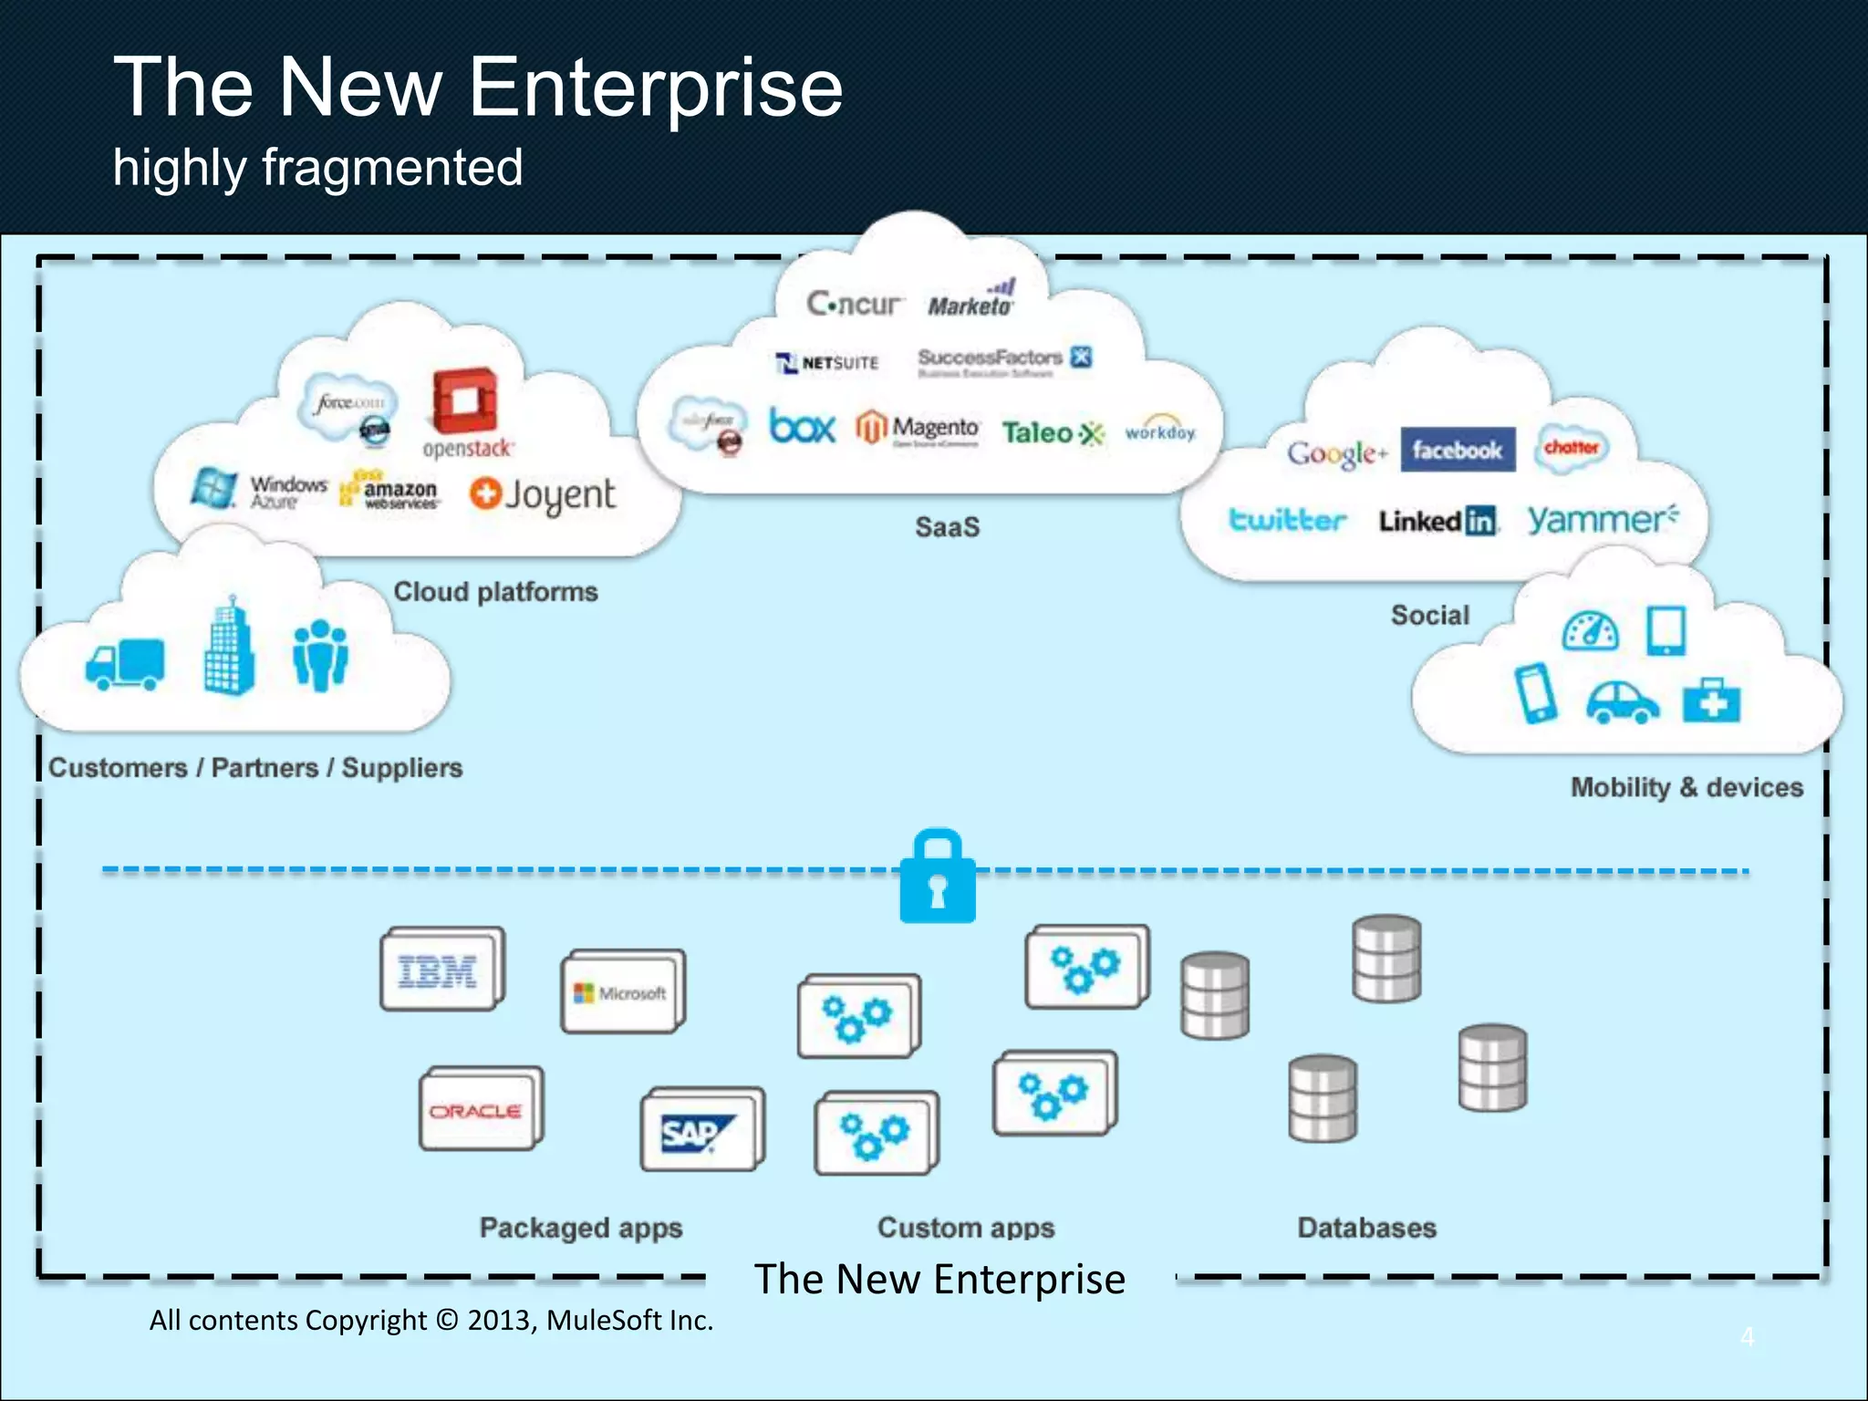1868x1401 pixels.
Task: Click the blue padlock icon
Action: (x=938, y=878)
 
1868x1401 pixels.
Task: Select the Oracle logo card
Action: (x=478, y=1110)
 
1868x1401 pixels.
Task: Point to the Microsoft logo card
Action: (x=620, y=992)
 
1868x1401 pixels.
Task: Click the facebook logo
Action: (x=1457, y=450)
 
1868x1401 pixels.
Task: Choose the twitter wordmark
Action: (x=1286, y=520)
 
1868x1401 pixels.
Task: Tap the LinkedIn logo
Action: (x=1437, y=521)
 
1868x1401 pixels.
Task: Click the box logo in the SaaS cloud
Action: (x=802, y=427)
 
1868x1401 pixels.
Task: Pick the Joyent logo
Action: (x=543, y=495)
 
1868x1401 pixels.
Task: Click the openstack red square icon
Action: (x=464, y=400)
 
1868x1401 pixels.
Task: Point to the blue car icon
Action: (x=1622, y=702)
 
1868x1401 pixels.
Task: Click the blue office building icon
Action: (x=229, y=647)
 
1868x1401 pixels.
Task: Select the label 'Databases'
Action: (x=1366, y=1228)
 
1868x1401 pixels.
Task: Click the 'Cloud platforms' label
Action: (x=495, y=592)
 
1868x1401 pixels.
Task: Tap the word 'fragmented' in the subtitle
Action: (x=393, y=168)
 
